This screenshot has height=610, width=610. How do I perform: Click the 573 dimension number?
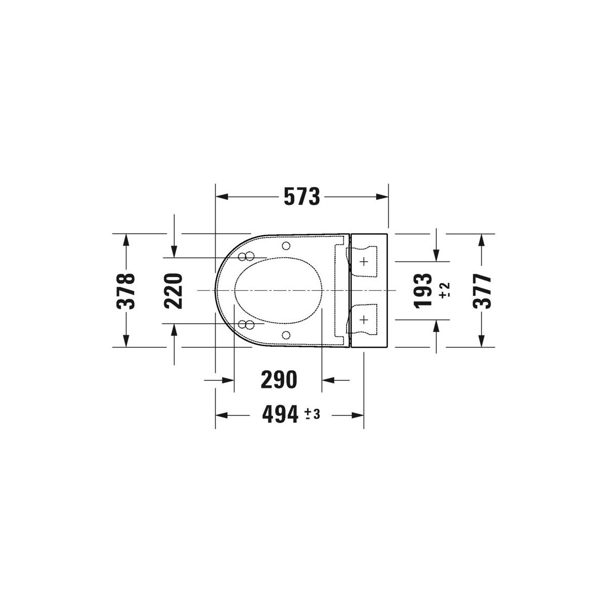point(301,197)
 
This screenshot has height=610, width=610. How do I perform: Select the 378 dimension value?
point(126,290)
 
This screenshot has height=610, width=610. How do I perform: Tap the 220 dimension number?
point(173,291)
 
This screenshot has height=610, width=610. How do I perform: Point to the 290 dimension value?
point(279,380)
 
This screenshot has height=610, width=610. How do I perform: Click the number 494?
point(280,414)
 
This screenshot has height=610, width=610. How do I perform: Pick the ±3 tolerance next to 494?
point(313,414)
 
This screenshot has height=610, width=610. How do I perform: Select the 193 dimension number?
point(423,290)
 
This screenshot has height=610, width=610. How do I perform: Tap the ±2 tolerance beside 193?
point(444,290)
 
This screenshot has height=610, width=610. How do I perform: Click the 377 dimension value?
point(482,291)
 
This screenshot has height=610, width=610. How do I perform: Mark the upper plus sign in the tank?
point(364,261)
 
